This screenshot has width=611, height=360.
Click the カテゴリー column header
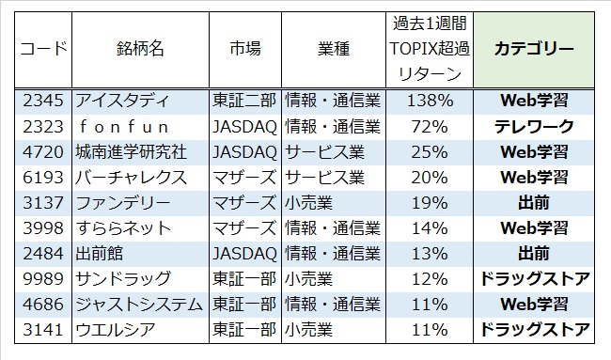coord(534,49)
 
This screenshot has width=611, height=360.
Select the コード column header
coord(43,49)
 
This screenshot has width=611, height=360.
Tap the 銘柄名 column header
coord(140,49)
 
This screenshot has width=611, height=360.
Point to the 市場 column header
coord(245,49)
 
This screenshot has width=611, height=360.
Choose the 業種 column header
coord(334,49)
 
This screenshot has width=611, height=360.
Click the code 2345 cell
coord(43,101)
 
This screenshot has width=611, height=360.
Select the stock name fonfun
coord(124,127)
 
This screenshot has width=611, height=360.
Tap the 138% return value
coord(430,101)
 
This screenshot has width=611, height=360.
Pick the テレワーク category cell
coord(534,127)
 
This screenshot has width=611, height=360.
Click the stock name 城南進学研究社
coord(132,152)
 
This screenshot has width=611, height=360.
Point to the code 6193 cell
coord(43,178)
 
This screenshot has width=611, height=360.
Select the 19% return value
coord(430,203)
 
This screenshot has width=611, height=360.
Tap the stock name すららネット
coord(123,228)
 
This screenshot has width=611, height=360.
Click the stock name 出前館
coord(100,254)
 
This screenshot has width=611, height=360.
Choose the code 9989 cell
coord(43,279)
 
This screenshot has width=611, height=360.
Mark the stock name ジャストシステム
coord(139,305)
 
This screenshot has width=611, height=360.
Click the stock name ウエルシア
coord(116,330)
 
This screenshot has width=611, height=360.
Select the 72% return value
coord(430,127)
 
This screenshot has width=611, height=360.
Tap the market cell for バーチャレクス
coord(244,178)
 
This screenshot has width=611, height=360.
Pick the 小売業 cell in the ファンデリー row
coord(308,203)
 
